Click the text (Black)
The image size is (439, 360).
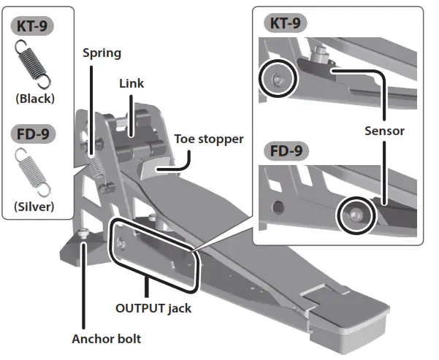pos(34,98)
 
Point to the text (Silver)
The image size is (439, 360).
pos(34,207)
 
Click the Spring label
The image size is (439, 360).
pos(101,53)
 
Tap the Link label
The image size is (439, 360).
pos(131,83)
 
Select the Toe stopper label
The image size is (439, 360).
pos(208,139)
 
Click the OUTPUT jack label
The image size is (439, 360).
pos(153,307)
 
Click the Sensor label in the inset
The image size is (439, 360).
pos(384,131)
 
